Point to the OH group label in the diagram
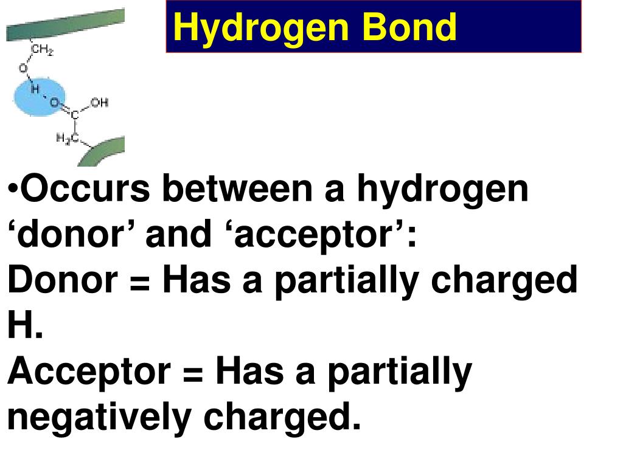pos(99,102)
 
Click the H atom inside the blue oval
pos(35,89)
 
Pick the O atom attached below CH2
pos(23,69)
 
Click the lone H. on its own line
pos(25,326)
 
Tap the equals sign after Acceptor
pos(193,372)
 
